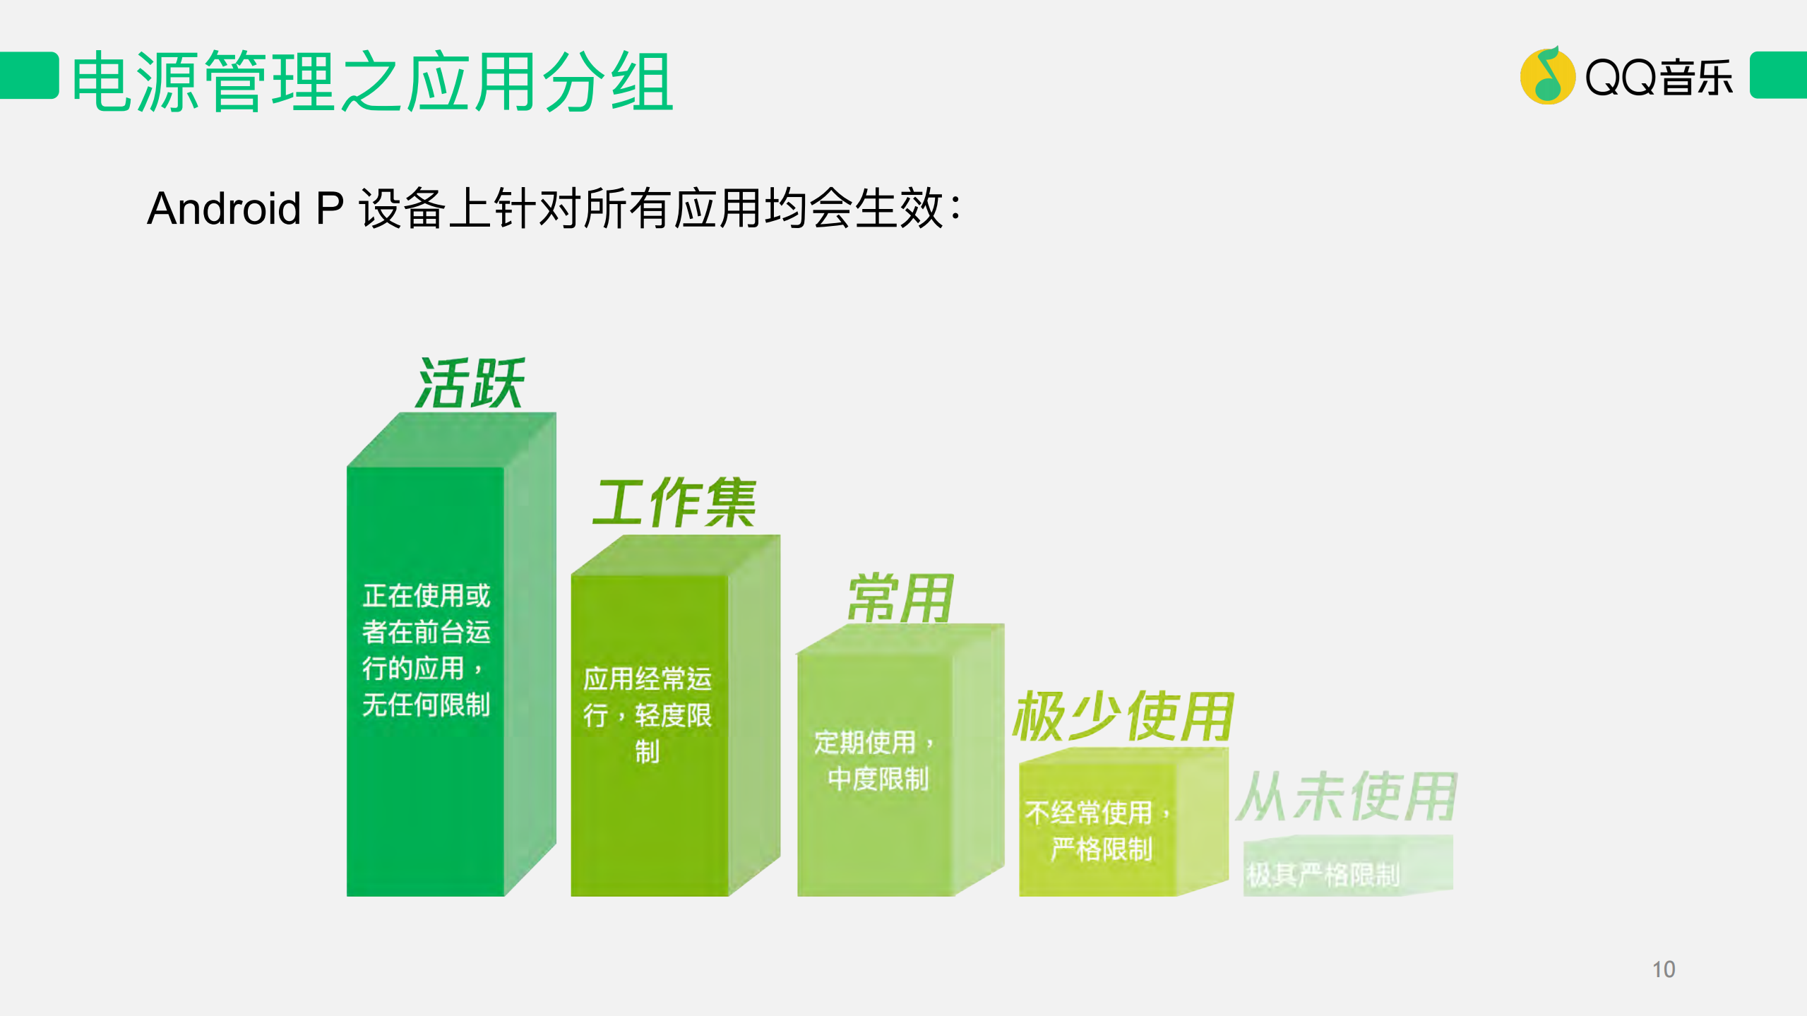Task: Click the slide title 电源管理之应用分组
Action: (x=372, y=82)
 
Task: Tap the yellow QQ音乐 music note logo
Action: (x=1546, y=76)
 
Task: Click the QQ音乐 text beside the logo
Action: (x=1658, y=77)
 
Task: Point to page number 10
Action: (x=1663, y=969)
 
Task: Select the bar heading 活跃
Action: (x=470, y=383)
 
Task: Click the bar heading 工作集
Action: (x=674, y=503)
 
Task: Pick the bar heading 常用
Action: (x=900, y=598)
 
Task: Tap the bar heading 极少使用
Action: (x=1123, y=717)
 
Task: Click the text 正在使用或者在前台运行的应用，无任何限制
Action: (x=426, y=650)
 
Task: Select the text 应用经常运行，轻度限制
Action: (x=647, y=715)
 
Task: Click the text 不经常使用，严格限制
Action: (x=1098, y=830)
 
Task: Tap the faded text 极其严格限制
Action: (x=1323, y=875)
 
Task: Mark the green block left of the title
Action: (x=28, y=75)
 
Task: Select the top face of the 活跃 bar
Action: (x=452, y=439)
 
